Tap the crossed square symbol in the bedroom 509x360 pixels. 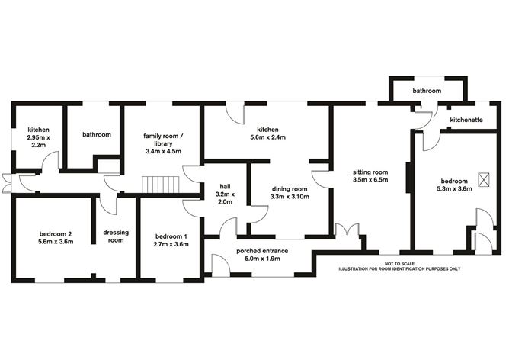(482, 179)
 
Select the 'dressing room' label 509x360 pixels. (115, 236)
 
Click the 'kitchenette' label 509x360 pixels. (467, 121)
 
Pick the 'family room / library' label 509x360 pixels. (162, 140)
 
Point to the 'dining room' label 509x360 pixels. (289, 188)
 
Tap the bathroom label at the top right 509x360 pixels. (427, 91)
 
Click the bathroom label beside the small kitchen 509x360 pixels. (97, 135)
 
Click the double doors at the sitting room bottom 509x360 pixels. (346, 229)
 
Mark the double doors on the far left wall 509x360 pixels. (6, 183)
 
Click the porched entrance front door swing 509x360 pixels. (222, 265)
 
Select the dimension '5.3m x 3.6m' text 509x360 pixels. (454, 189)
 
